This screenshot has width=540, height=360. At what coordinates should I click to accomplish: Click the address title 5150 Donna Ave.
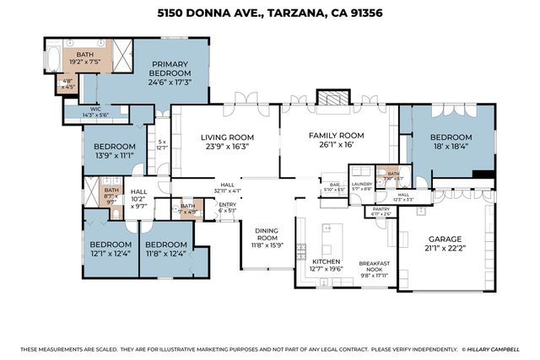tap(269, 13)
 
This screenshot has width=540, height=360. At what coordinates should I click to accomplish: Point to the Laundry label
tap(361, 185)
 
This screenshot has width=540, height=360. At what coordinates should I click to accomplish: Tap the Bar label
tap(334, 186)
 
